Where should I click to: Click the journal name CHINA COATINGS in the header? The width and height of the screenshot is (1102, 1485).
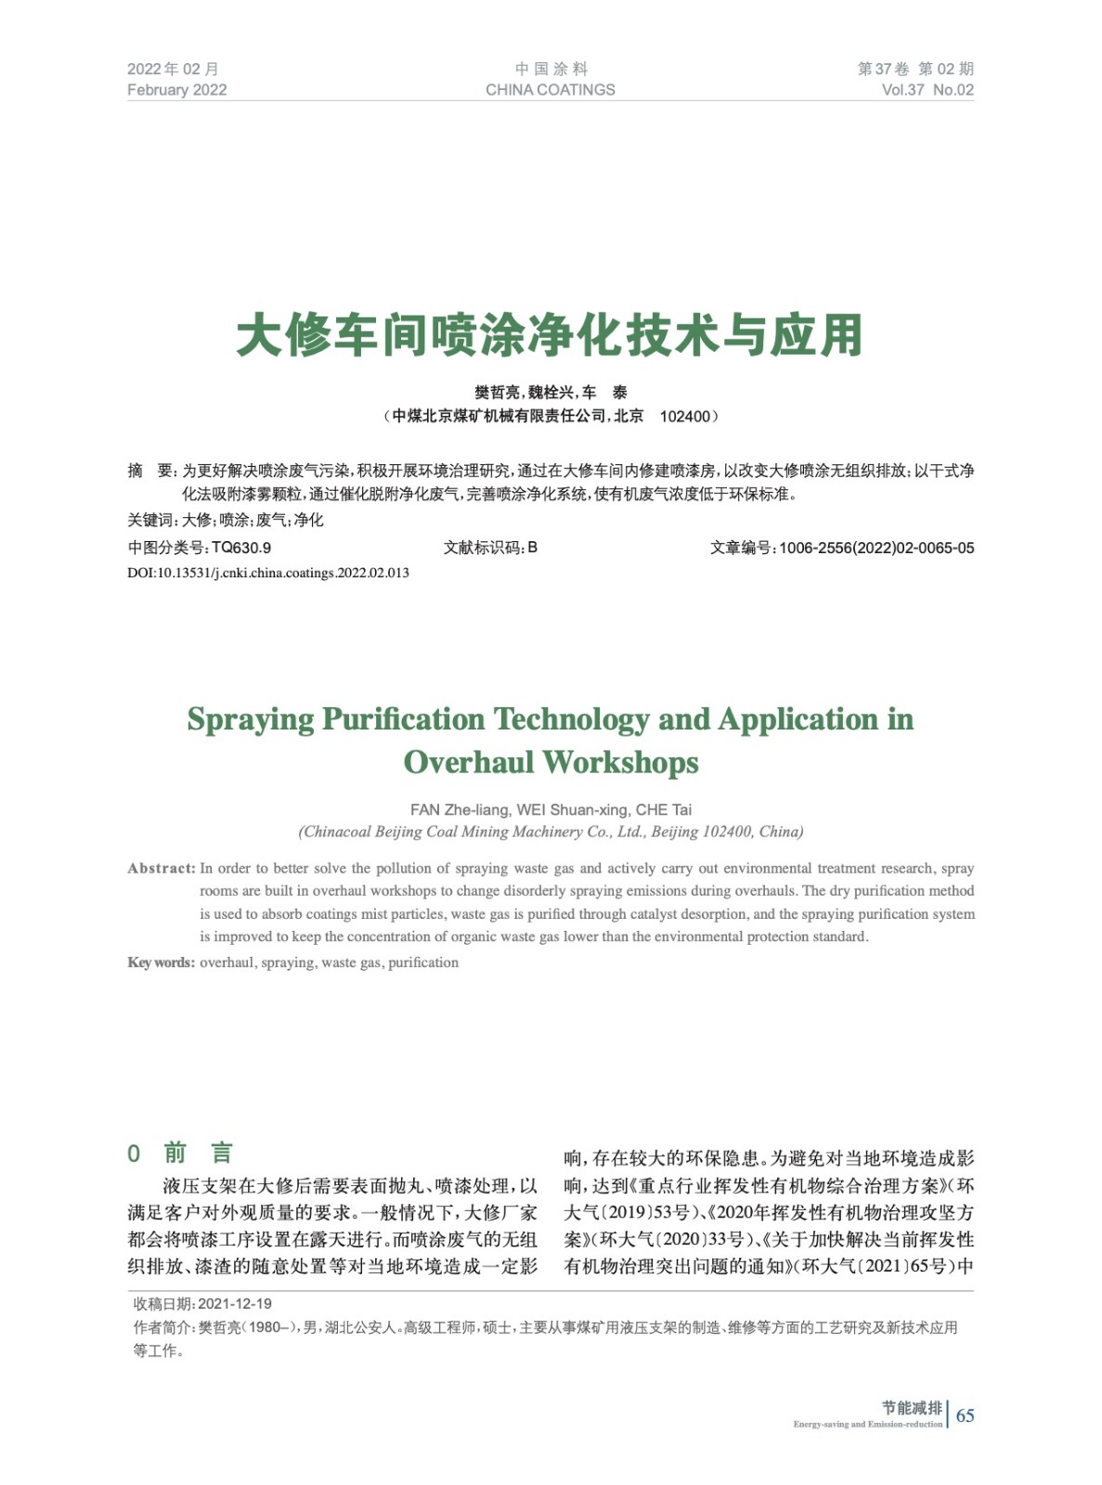550,90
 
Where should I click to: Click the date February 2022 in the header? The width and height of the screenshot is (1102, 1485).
176,90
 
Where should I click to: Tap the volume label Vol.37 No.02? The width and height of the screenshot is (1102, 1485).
927,90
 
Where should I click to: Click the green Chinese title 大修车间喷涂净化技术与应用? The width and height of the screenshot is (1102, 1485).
550,335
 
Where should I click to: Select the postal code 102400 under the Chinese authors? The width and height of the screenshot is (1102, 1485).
684,417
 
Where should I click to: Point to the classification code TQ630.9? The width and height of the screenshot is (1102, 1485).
241,548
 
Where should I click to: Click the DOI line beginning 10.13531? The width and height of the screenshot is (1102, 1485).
268,573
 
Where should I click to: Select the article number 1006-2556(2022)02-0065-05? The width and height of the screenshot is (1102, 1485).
876,548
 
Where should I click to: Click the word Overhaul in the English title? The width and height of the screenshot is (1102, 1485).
469,763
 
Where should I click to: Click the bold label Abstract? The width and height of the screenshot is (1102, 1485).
161,869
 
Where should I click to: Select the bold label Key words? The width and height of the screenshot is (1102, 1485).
161,962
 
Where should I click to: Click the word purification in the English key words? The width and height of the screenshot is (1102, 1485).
423,962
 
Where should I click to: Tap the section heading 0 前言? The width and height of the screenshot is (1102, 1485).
181,1154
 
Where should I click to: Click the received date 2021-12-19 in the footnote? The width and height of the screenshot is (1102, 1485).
235,1304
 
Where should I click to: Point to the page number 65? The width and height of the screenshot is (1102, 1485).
966,1415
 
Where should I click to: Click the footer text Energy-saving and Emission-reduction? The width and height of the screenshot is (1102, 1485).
868,1424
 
